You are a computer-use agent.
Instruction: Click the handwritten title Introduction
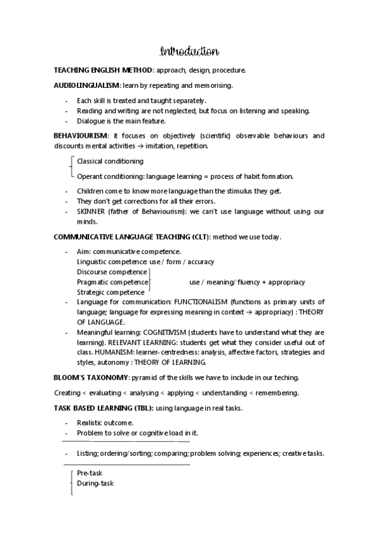click(x=189, y=51)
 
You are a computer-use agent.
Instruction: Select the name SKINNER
click(x=92, y=212)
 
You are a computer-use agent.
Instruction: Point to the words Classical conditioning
click(x=110, y=161)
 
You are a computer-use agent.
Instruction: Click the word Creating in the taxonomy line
click(x=67, y=393)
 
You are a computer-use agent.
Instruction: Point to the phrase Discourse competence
click(x=112, y=272)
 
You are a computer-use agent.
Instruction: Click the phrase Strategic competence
click(x=110, y=292)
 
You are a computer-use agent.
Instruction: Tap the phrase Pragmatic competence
click(x=112, y=282)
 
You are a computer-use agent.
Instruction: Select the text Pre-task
click(x=90, y=473)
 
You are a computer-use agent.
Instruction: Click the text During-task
click(x=95, y=484)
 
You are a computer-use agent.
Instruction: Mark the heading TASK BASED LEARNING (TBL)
click(x=104, y=408)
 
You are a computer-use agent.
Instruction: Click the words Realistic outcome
click(x=105, y=423)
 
